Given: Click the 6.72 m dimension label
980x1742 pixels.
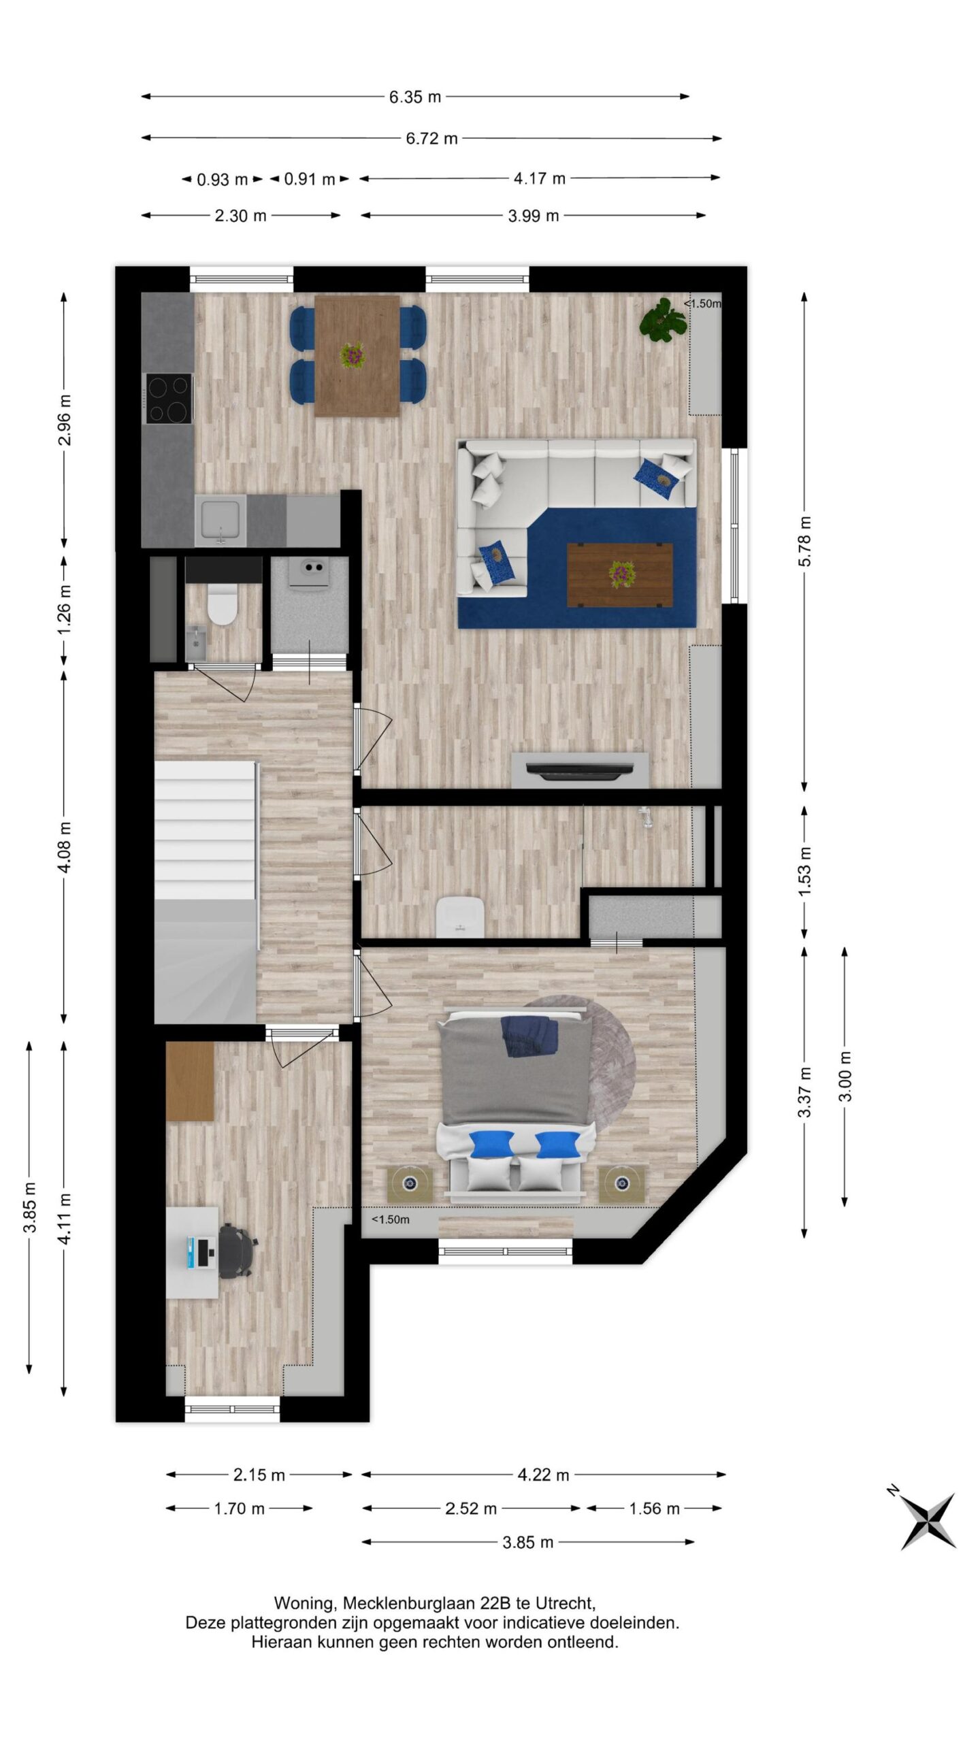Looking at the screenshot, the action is coord(431,138).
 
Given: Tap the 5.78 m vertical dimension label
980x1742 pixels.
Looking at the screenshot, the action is coord(804,542).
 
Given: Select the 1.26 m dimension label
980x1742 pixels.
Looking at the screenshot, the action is coord(64,610).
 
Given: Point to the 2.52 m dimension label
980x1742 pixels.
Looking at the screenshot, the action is coord(471,1509).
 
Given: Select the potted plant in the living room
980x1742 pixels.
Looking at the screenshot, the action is coord(662,319).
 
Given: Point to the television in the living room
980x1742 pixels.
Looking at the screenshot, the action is coord(579,769).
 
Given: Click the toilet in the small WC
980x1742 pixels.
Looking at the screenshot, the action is coord(222,605).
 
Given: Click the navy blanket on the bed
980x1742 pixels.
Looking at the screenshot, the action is coord(529,1036).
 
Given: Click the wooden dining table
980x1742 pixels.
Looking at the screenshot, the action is coord(357,355).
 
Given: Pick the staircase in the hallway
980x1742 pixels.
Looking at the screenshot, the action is coord(206,892).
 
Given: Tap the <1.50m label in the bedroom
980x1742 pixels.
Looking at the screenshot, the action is coord(391,1219).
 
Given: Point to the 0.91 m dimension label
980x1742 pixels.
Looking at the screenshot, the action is coord(309,179).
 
